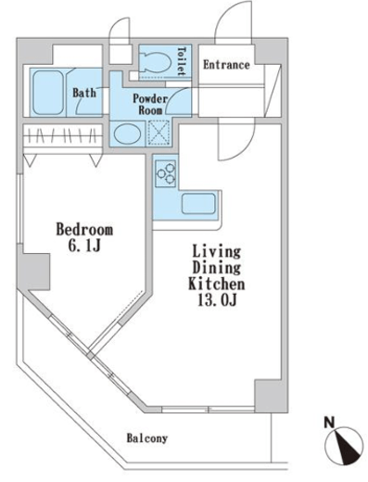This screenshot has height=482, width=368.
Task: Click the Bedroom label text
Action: click(84, 230)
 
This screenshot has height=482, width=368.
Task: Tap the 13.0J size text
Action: click(217, 299)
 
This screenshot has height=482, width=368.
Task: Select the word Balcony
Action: click(147, 438)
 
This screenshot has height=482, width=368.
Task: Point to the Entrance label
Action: click(226, 65)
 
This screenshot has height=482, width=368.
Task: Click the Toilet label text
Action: click(182, 61)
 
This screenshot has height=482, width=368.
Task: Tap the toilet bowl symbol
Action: click(156, 62)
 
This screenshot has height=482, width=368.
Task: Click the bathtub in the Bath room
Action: click(47, 93)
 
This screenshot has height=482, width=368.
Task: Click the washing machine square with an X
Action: click(159, 133)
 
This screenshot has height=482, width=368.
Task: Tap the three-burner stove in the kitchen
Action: click(166, 173)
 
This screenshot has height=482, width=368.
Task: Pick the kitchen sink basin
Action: click(198, 204)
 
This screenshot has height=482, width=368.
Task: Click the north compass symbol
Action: click(344, 446)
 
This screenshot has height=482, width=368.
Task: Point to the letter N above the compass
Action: click(329, 422)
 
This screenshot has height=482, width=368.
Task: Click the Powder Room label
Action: click(150, 105)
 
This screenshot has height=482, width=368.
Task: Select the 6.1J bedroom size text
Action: click(84, 247)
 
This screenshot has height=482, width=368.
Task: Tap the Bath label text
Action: click(84, 93)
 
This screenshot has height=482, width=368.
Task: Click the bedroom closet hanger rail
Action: click(63, 134)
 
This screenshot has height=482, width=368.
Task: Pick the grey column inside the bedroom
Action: click(34, 272)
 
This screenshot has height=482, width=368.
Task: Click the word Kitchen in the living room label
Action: click(217, 284)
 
